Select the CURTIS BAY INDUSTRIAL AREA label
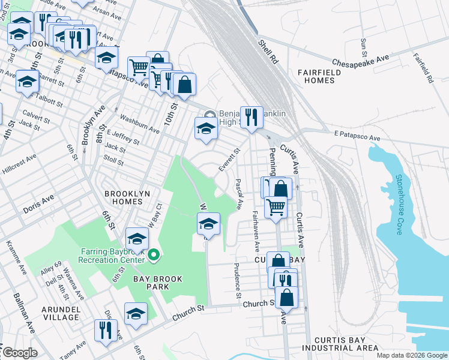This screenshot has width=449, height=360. (x=340, y=343)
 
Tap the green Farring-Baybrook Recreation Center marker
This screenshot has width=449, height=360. (x=154, y=256)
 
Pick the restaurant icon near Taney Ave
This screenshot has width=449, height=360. (x=106, y=329)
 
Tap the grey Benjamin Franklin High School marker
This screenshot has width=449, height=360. (x=209, y=115)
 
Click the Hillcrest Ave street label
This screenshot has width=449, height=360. (x=18, y=163)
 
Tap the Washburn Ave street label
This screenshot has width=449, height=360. (x=139, y=124)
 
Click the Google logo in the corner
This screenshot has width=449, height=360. (x=20, y=353)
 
